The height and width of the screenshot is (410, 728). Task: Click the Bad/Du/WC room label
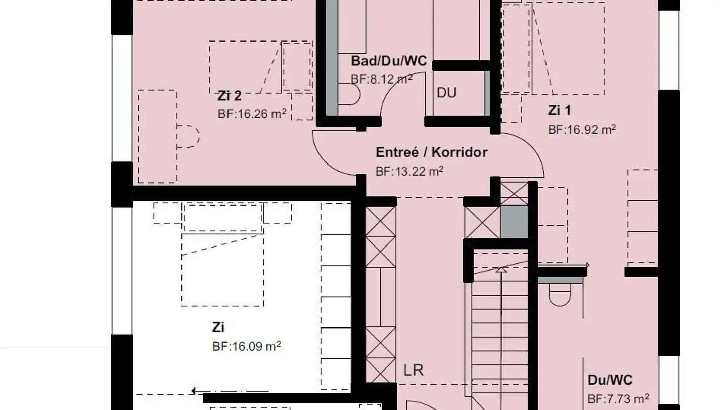coord(389,62)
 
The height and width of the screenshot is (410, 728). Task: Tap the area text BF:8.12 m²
coord(381,79)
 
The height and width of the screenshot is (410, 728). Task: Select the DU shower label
coord(446,93)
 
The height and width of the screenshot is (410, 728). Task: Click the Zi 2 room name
coord(230,96)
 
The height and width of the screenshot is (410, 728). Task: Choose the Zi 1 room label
coord(559,110)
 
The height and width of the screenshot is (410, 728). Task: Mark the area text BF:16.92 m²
coord(581,129)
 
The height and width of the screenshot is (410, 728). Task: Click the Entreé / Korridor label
coord(431,152)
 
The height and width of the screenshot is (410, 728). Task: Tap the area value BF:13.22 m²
coord(409,171)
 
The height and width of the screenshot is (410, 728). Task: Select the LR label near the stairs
coord(413,370)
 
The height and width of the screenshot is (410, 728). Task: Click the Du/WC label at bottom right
coord(610,380)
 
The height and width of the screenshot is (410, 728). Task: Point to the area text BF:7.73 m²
coord(618,399)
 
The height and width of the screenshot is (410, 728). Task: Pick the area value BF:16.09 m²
coord(246,347)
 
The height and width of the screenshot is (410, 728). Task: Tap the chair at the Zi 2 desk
coord(189,136)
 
